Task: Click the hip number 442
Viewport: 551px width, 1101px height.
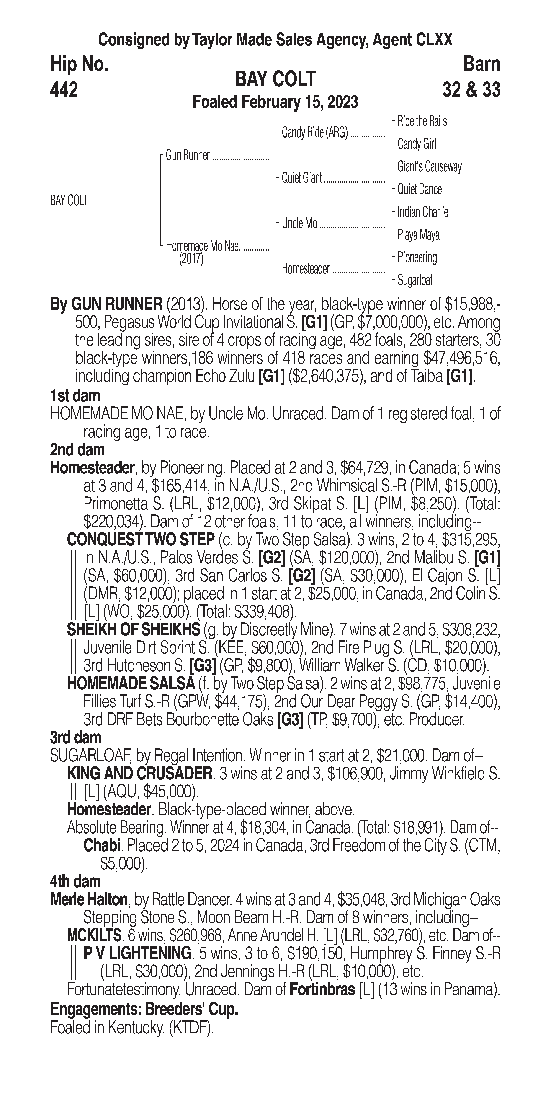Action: pyautogui.click(x=64, y=90)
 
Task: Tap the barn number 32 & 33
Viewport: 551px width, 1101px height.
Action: pyautogui.click(x=471, y=90)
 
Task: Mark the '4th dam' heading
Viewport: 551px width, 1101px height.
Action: pyautogui.click(x=76, y=881)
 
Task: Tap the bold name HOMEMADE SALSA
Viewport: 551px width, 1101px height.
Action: pyautogui.click(x=131, y=683)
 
